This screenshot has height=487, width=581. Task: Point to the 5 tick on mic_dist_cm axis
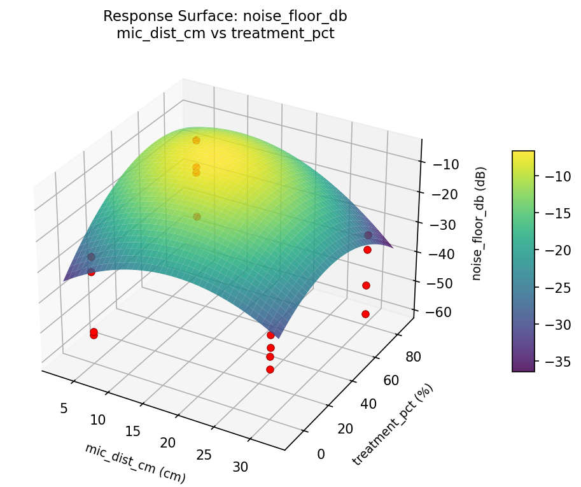coord(64,408)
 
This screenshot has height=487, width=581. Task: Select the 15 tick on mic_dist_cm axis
coord(132,432)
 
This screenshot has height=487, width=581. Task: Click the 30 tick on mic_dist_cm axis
coord(240,467)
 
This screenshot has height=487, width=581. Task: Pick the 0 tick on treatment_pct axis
coord(320,454)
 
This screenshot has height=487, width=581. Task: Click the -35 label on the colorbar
coord(556,362)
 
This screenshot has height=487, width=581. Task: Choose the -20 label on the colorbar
coord(556,251)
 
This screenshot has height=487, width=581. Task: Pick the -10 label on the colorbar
coord(556,177)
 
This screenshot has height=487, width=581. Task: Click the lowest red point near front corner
coord(270,369)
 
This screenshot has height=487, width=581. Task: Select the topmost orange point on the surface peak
coord(196,140)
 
